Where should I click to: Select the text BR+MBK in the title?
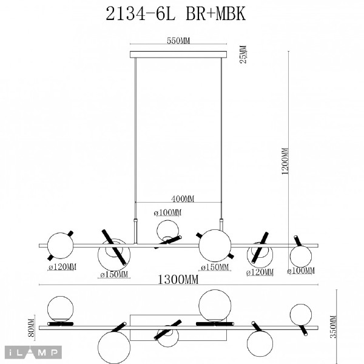tap(218, 13)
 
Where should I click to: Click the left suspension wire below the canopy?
tap(135, 133)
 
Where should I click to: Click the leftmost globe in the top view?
tap(59, 308)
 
